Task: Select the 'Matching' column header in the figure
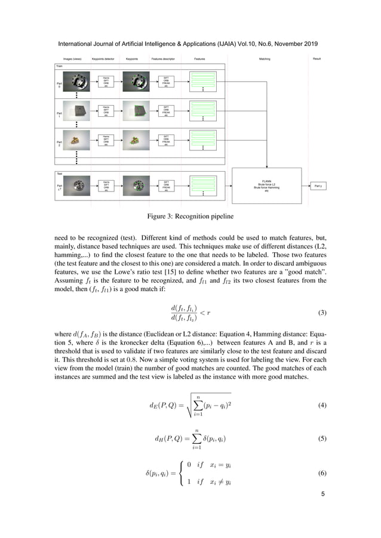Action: click(264, 59)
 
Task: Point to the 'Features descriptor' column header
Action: click(165, 59)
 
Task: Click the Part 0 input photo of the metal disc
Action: click(76, 81)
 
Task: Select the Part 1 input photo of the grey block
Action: click(76, 110)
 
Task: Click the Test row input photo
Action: click(76, 187)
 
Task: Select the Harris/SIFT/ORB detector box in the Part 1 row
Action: click(106, 110)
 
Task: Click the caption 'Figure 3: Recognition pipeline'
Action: click(190, 215)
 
